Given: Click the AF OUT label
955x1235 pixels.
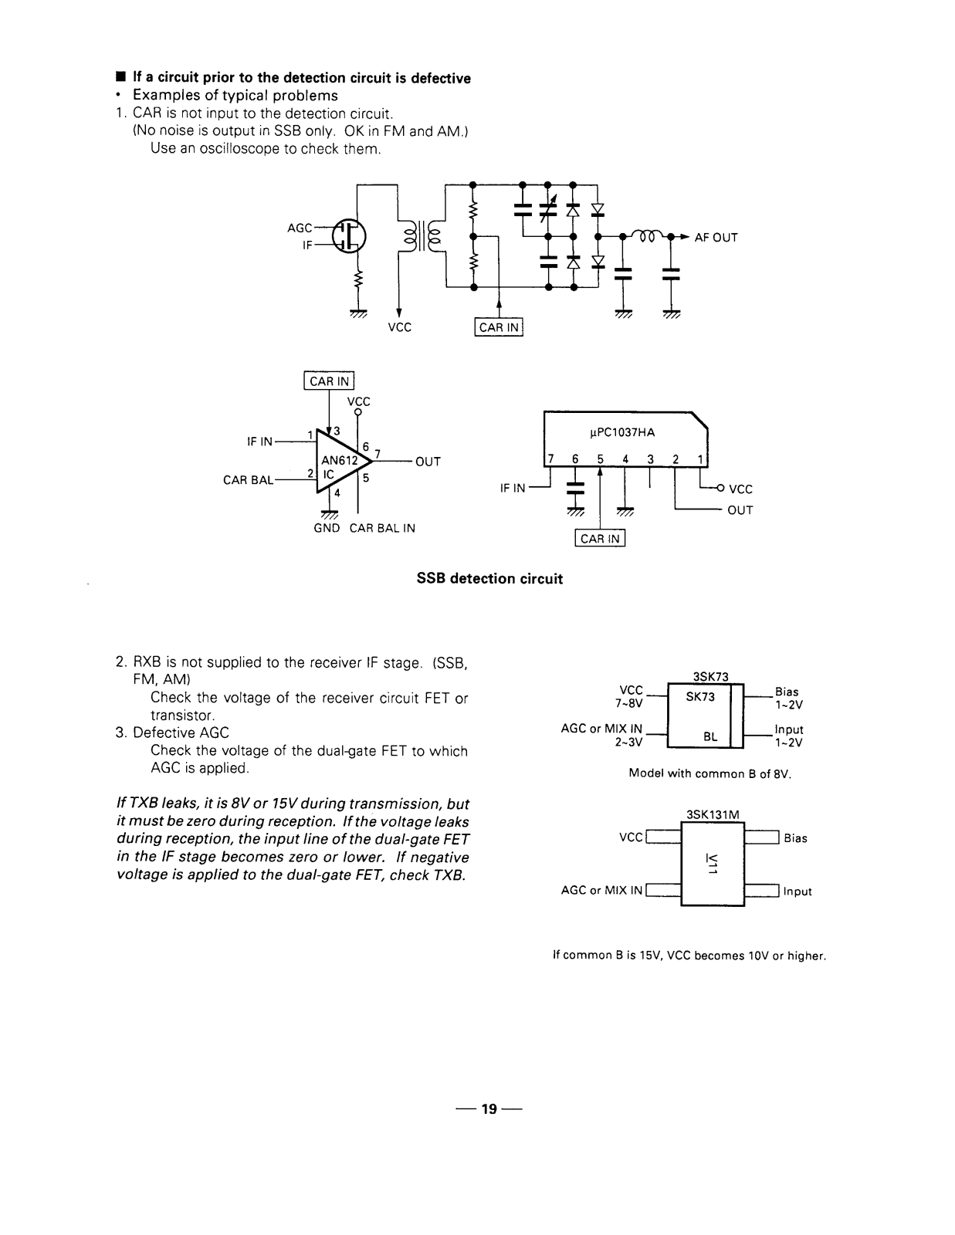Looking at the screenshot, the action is [x=716, y=238].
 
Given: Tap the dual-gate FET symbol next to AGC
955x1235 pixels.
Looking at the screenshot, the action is [x=349, y=236].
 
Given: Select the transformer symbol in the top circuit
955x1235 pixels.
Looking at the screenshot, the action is [x=421, y=236].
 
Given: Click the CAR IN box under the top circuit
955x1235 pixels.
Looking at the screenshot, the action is [x=499, y=327].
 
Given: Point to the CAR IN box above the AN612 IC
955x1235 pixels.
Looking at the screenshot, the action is [x=329, y=381].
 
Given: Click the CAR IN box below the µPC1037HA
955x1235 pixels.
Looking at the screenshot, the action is [x=600, y=538].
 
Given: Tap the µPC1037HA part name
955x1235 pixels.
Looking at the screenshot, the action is [x=622, y=432].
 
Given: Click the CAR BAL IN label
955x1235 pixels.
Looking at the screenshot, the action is [x=382, y=528].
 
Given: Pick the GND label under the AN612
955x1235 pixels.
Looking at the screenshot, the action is [x=327, y=528].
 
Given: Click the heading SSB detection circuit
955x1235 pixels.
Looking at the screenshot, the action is [x=489, y=579].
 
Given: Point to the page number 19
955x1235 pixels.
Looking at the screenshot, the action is [x=489, y=1108].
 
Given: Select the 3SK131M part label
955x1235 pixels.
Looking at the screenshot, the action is [x=713, y=814].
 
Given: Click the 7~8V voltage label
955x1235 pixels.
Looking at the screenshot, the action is [x=628, y=704].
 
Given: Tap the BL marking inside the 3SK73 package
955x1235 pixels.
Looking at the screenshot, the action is [x=710, y=736].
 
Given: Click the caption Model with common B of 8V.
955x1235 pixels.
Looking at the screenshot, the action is [x=710, y=773].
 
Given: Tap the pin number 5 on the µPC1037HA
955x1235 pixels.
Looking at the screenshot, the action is [x=600, y=459].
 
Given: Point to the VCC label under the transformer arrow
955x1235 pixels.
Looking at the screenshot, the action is [x=399, y=327].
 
